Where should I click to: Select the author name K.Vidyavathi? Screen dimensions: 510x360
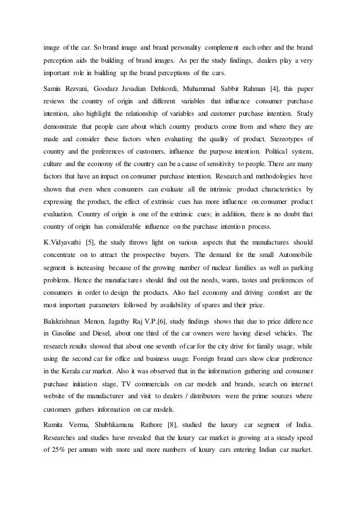pyautogui.click(x=62, y=242)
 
